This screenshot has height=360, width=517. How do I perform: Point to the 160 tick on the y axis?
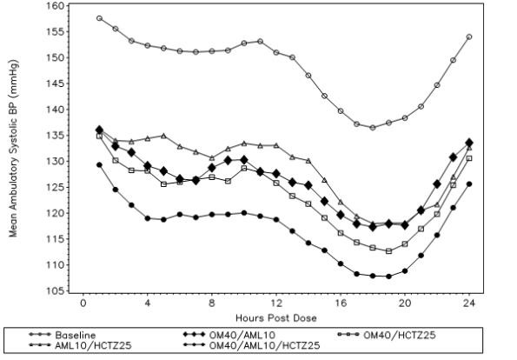point(54,6)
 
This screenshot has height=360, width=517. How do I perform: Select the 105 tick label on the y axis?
point(54,291)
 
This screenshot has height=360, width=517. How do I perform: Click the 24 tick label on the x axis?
point(469,304)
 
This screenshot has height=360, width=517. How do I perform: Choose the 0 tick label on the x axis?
point(83,304)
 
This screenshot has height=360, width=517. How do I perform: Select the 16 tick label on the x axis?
point(341,304)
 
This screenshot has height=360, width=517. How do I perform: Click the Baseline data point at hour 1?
point(99,18)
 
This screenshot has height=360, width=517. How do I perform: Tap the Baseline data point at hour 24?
point(469,37)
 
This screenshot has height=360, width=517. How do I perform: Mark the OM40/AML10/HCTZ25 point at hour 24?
point(469,183)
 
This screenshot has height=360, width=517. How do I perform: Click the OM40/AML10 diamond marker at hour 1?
point(99,130)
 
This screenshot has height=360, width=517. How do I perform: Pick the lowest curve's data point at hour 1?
point(99,164)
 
